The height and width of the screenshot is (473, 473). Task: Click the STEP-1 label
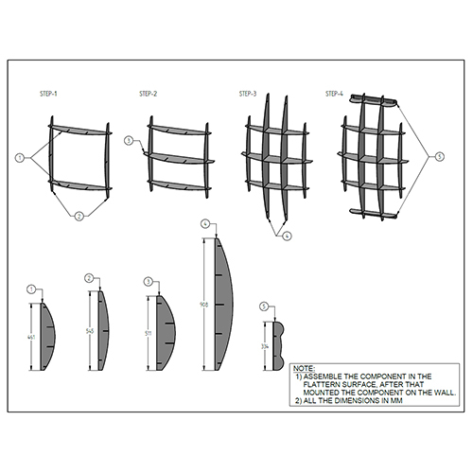[48, 95]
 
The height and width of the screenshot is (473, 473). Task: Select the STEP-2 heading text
[149, 95]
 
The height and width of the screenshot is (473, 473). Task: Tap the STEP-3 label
[248, 95]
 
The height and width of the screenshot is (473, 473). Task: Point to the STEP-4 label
[335, 95]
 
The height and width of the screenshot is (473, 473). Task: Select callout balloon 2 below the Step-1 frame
[79, 217]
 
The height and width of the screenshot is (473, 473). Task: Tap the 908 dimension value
[205, 305]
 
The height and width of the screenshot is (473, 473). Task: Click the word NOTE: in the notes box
[304, 366]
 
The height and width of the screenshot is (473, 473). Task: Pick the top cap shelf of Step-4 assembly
[377, 99]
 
